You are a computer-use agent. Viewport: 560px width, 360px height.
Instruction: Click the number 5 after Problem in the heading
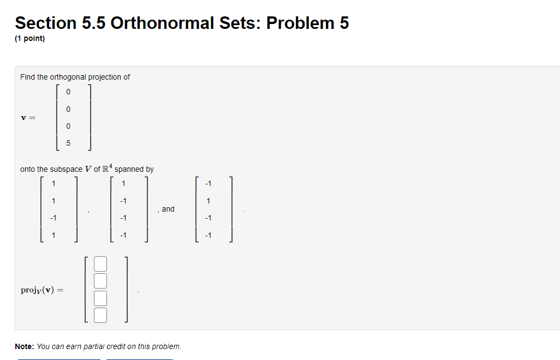tap(344, 23)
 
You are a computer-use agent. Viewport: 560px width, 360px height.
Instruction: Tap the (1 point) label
tap(30, 39)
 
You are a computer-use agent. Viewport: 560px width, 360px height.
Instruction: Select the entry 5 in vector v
tap(68, 143)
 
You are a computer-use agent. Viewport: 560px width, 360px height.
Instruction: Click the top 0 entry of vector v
tap(68, 92)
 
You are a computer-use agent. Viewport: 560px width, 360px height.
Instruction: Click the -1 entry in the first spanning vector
tap(52, 218)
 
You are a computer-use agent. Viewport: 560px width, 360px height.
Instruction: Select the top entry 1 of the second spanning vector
tap(124, 183)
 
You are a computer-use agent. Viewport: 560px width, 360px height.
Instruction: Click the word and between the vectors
tap(168, 209)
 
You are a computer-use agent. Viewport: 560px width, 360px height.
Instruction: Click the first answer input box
tap(100, 265)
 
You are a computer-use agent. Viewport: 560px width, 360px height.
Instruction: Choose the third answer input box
tap(100, 298)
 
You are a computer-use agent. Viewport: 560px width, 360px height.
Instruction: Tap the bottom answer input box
tap(100, 315)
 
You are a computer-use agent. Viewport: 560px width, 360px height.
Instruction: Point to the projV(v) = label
tap(41, 290)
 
